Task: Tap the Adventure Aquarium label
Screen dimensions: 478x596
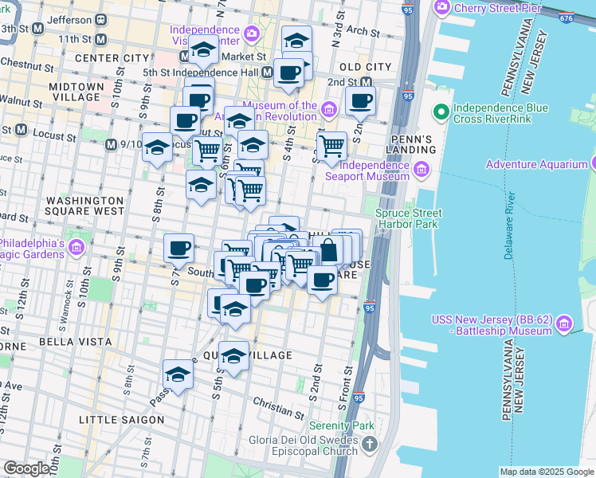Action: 537,164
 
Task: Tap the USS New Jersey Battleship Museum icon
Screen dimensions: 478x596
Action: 565,323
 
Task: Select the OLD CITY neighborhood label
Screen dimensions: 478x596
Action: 365,67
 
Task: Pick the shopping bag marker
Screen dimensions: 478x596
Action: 327,251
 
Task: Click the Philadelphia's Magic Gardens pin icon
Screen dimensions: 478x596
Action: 76,249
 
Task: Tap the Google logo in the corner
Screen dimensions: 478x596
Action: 27,468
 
